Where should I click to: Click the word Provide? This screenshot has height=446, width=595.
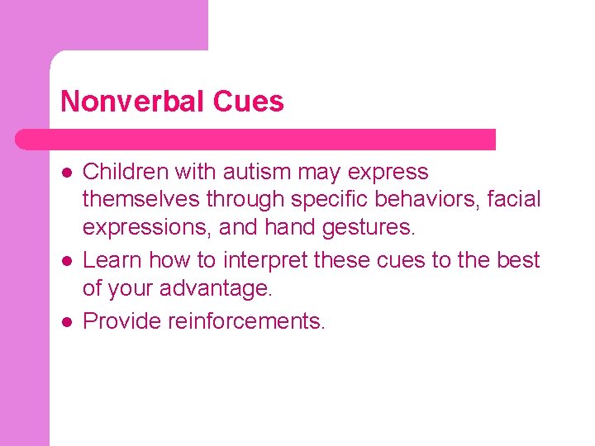click(121, 320)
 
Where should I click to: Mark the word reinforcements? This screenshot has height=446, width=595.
click(246, 320)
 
